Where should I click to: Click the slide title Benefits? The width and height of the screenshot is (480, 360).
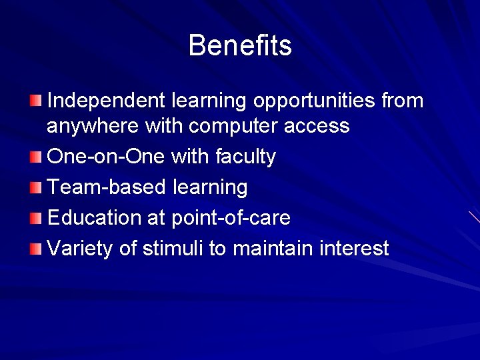[240, 46]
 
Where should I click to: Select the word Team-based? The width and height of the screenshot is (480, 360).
[107, 187]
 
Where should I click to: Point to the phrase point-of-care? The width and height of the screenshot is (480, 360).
[231, 218]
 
